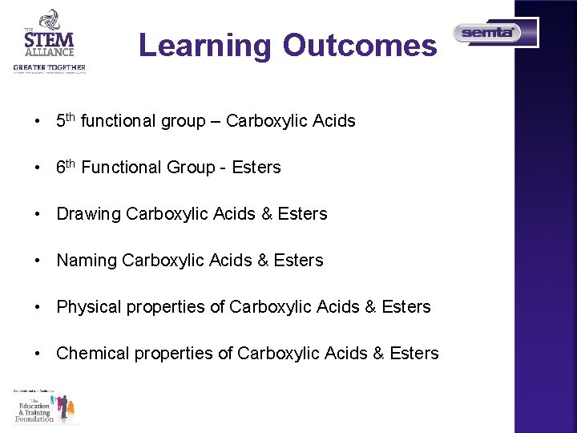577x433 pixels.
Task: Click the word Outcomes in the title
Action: (x=359, y=46)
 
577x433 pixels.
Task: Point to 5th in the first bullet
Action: (x=66, y=121)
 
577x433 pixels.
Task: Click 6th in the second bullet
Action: (x=66, y=168)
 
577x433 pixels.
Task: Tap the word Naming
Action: (x=87, y=261)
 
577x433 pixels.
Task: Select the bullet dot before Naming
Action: (x=37, y=261)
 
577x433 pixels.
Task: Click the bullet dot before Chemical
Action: (x=37, y=354)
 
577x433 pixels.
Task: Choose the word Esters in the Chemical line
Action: (x=414, y=354)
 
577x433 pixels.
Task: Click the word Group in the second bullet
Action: (x=191, y=168)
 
